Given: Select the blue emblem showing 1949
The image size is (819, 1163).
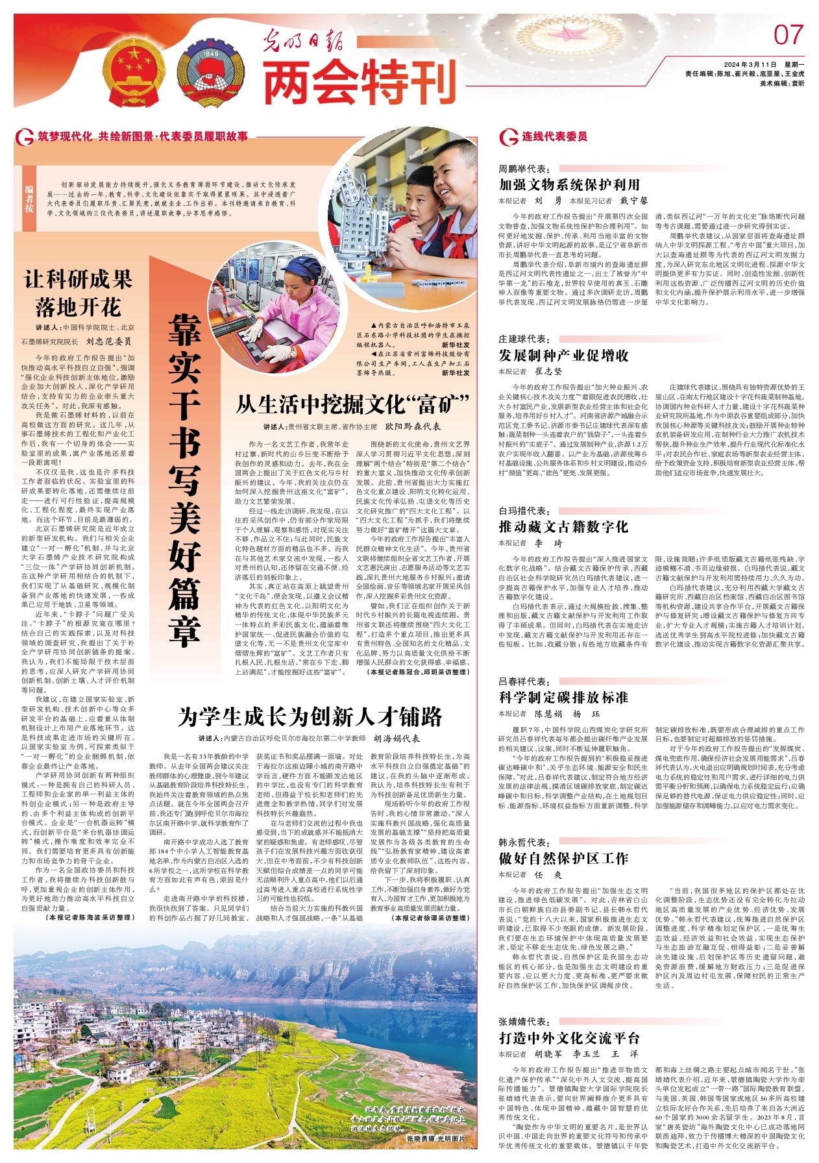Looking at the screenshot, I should [210, 71].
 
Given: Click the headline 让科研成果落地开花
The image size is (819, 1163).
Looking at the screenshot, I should [78, 293].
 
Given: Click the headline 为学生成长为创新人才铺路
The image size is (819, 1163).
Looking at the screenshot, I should [310, 717].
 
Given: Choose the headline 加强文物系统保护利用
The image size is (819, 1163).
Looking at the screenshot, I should [569, 184].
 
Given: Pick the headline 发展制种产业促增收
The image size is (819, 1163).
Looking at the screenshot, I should [563, 355].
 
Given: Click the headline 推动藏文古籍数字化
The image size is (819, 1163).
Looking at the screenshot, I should [563, 526].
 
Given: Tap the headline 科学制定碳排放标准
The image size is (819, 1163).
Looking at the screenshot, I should [563, 697].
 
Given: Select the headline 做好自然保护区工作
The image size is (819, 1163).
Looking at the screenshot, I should [563, 858].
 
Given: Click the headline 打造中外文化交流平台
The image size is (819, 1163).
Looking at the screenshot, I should [569, 1037].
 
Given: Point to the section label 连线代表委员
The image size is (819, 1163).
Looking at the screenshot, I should [554, 136].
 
